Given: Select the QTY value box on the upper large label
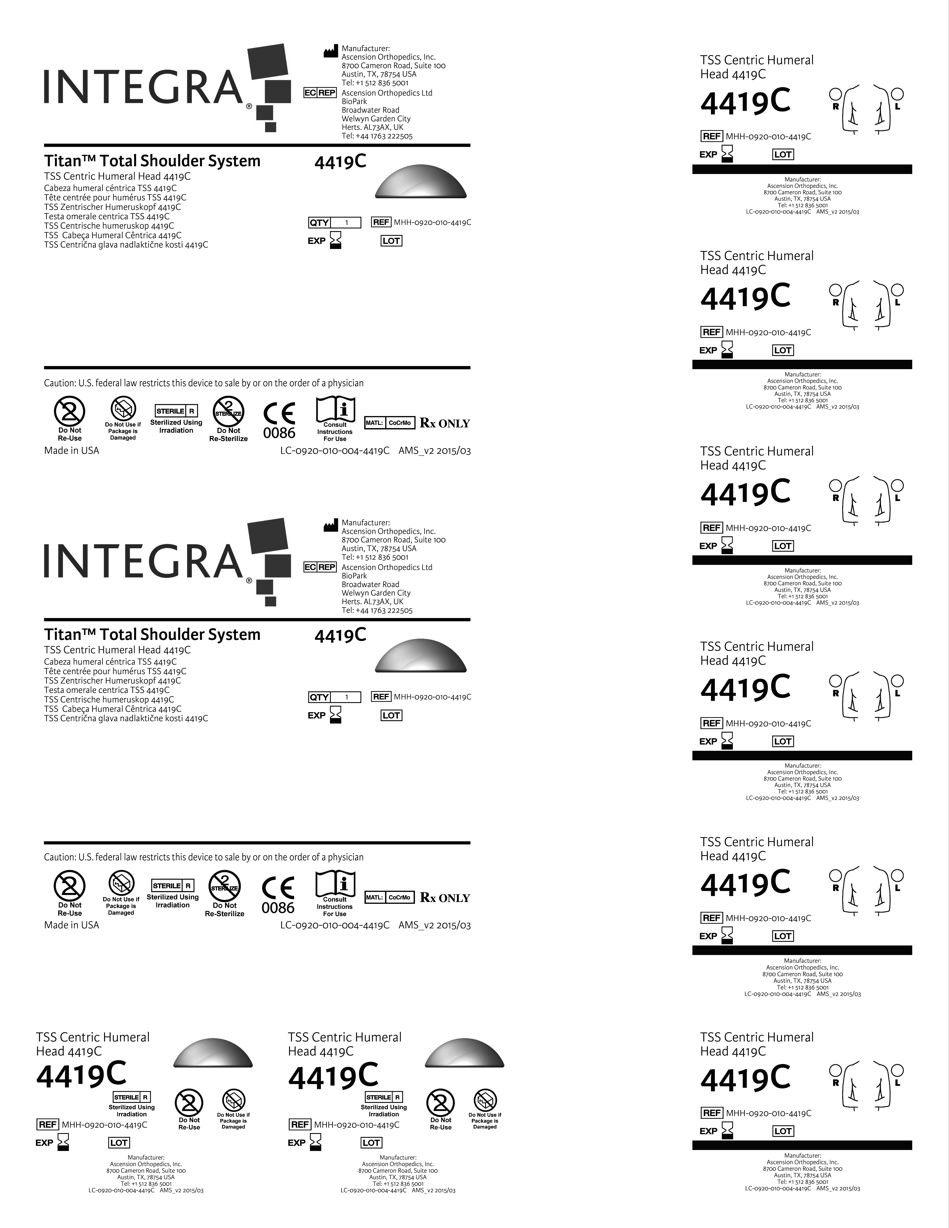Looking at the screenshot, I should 346,223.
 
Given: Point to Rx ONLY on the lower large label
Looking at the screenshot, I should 445,898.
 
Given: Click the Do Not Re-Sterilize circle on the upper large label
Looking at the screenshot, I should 228,412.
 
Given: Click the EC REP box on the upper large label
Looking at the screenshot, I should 320,93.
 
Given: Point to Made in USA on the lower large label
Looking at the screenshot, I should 71,925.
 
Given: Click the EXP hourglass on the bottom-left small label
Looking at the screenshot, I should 64,1142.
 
